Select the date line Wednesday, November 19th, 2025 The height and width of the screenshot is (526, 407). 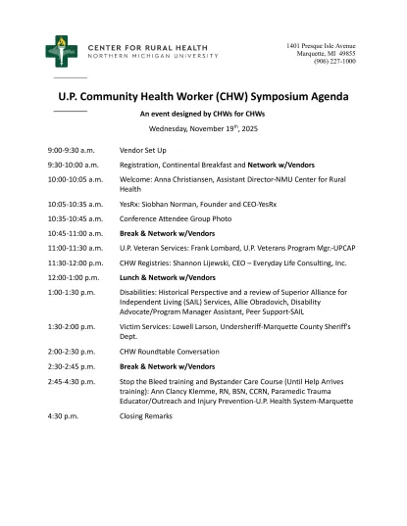tap(202, 128)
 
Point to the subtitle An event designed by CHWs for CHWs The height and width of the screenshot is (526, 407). tap(202, 115)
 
